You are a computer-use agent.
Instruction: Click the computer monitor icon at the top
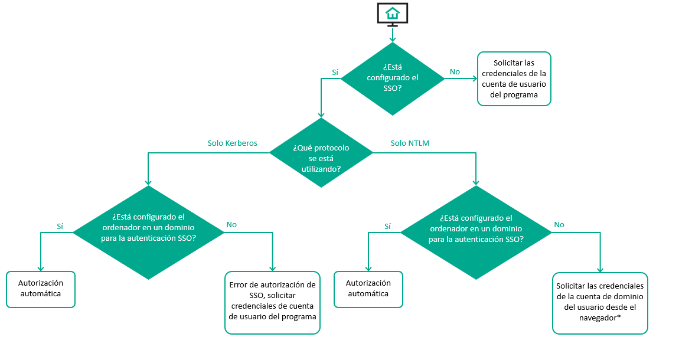point(392,15)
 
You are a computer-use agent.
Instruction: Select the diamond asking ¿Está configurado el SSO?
point(392,78)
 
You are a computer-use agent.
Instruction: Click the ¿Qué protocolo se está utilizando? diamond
point(321,153)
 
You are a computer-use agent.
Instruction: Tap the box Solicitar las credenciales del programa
point(514,78)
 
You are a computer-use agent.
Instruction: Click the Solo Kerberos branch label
point(232,143)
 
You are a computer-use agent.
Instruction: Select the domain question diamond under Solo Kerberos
point(148,232)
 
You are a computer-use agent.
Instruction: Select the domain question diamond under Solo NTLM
point(476,232)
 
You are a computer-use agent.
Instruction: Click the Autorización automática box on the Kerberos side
point(41,289)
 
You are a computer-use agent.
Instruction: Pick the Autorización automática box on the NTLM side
point(368,289)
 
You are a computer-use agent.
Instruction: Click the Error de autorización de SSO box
point(272,302)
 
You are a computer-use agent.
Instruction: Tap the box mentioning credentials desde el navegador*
point(600,303)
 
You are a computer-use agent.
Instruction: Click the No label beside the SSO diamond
point(455,72)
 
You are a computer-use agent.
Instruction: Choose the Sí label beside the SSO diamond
point(335,73)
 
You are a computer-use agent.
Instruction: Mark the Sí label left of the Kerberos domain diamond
point(60,225)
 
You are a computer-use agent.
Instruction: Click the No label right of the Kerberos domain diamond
point(231,225)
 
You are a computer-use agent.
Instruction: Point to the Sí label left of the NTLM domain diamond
point(387,225)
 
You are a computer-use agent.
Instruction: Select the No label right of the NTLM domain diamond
point(559,225)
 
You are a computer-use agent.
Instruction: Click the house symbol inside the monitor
point(392,12)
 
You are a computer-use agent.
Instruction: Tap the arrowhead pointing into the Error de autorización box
point(272,268)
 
